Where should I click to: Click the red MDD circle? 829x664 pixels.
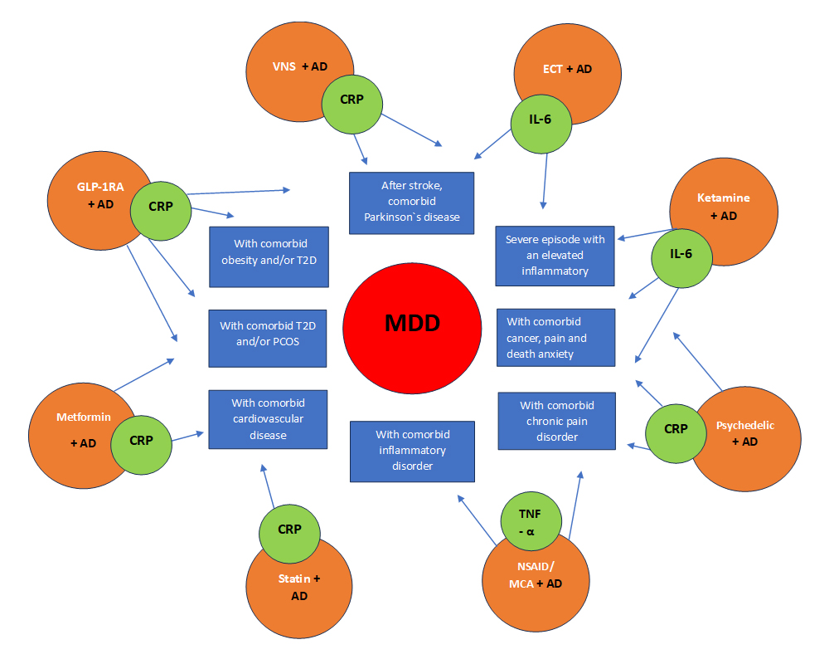pos(412,329)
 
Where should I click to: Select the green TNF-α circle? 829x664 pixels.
pos(531,521)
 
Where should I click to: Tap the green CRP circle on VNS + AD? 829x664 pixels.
pos(352,104)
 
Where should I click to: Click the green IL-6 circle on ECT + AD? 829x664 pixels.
pos(541,124)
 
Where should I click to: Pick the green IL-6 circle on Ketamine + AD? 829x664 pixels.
pos(681,258)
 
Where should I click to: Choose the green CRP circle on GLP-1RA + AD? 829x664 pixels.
pos(161,211)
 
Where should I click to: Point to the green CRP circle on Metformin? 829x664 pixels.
pos(141,445)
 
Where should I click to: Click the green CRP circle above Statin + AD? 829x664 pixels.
pos(289,534)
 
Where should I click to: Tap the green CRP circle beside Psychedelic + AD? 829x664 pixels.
pos(676,433)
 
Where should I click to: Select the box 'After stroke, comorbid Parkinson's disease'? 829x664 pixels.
pos(411,203)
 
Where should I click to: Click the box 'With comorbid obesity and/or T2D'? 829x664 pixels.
pos(269,256)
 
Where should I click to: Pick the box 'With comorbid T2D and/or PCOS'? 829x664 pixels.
pos(268,339)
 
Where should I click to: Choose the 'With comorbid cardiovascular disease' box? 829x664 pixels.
pos(268,419)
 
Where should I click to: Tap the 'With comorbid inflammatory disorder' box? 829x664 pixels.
pos(412,452)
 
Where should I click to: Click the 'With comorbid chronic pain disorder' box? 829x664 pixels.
pos(557,421)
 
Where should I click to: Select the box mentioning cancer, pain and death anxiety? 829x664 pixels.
pos(555,337)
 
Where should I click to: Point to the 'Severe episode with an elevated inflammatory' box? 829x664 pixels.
pos(555,256)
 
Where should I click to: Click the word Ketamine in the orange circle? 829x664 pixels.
pos(723,198)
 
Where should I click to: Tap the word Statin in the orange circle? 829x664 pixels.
pos(294,579)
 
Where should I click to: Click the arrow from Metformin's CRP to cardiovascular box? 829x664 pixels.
pos(187,437)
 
